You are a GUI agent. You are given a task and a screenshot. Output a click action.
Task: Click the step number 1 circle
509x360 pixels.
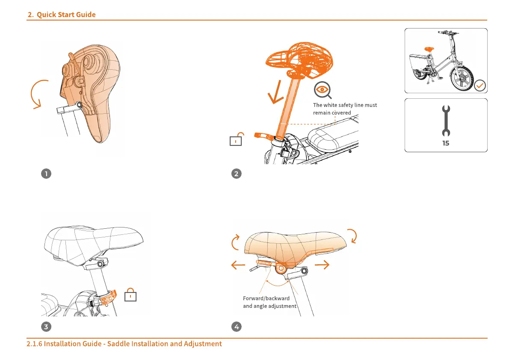click(46, 174)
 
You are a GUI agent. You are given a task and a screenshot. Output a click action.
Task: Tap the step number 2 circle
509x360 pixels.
click(236, 174)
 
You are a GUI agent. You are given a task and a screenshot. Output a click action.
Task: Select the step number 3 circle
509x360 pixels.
click(46, 327)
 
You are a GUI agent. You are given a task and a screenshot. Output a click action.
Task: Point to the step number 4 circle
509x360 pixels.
click(236, 327)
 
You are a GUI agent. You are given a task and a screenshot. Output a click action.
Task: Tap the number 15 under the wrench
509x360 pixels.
click(446, 144)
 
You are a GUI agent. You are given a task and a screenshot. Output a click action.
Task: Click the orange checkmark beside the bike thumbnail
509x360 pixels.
click(480, 86)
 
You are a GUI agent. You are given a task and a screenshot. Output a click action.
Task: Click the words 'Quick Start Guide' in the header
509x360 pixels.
click(66, 15)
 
